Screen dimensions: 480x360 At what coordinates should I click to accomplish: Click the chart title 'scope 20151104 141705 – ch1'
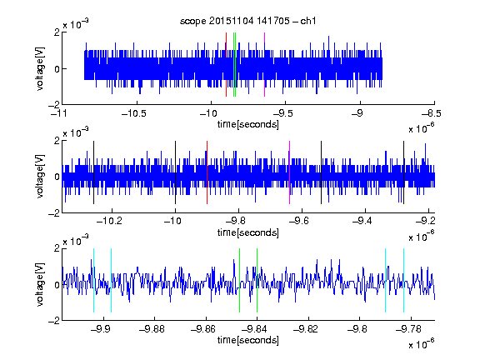(248, 21)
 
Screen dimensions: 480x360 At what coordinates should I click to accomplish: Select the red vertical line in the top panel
(226, 65)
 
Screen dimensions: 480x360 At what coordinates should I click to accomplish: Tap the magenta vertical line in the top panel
(264, 65)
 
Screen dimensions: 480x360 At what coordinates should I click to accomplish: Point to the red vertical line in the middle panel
(207, 172)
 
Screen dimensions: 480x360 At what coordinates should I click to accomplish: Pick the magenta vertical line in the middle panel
(290, 172)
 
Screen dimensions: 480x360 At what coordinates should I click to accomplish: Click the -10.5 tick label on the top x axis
(134, 113)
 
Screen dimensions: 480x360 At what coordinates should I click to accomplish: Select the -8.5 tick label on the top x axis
(432, 113)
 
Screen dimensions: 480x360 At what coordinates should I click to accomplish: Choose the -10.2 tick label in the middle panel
(110, 221)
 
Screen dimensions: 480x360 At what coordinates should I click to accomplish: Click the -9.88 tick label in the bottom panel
(152, 329)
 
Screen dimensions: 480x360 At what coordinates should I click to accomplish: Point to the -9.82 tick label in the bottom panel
(306, 329)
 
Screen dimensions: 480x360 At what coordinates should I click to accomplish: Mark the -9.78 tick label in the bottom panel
(408, 329)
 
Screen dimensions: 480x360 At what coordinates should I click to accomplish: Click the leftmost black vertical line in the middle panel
(93, 172)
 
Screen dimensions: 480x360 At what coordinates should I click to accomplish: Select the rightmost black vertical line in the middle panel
(403, 172)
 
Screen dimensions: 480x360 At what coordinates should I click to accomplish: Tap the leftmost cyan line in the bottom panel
(93, 280)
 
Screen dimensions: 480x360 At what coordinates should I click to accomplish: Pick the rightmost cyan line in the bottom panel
(403, 280)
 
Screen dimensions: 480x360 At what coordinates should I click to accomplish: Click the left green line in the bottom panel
(239, 280)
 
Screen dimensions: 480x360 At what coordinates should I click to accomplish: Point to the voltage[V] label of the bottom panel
(40, 285)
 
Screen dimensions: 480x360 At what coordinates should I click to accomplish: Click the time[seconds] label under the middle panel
(248, 232)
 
